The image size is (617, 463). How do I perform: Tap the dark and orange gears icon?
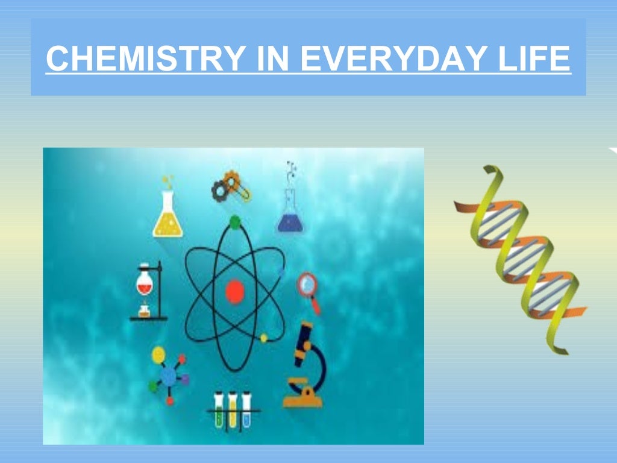click(230, 186)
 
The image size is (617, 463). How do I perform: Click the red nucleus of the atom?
click(234, 292)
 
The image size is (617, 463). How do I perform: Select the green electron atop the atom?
click(234, 221)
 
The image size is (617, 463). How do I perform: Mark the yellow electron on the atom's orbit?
click(263, 338)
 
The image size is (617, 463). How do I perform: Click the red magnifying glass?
click(308, 287)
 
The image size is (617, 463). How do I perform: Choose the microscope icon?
click(304, 365)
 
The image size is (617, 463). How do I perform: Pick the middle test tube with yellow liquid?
click(233, 410)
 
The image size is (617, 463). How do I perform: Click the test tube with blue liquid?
click(246, 410)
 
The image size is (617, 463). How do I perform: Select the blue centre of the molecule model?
click(169, 376)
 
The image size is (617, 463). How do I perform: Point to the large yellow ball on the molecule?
click(158, 355)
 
